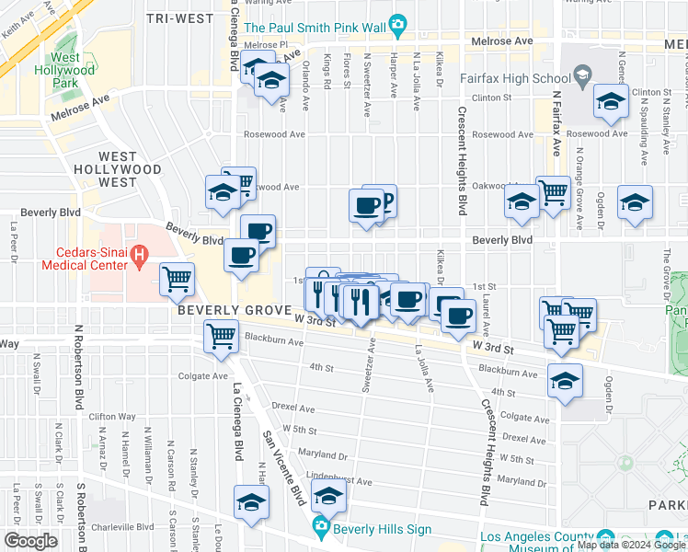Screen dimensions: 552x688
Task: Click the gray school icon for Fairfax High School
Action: (x=581, y=74)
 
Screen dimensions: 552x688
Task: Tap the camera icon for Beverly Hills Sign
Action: (x=321, y=526)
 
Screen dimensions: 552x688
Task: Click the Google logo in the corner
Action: (x=29, y=541)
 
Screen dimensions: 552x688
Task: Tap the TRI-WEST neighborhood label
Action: (x=180, y=17)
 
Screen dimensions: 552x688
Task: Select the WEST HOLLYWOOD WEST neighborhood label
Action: (x=130, y=169)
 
